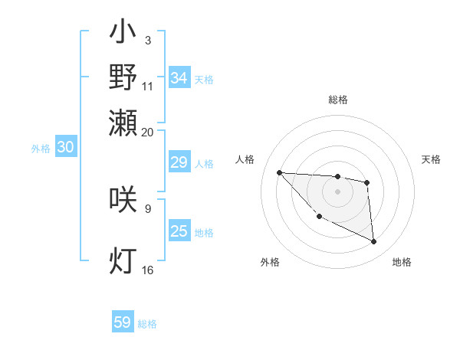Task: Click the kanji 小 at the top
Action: pos(123,34)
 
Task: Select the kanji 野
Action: pos(123,78)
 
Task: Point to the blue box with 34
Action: pos(179,78)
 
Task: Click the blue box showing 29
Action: pos(179,162)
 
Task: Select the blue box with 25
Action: pos(179,231)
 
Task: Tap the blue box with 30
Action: pos(65,148)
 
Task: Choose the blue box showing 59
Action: pos(123,322)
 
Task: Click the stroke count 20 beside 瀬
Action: pos(148,132)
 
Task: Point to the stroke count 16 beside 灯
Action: pos(148,270)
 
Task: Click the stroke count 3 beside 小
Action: pos(147,40)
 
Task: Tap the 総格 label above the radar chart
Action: pos(338,100)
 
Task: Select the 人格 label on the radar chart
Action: pos(245,159)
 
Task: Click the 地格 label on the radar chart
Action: pos(402,262)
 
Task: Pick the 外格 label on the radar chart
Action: pos(270,262)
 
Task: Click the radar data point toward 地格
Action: pos(374,242)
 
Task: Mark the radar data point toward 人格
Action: pos(279,172)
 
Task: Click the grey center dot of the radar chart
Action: pos(337,191)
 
